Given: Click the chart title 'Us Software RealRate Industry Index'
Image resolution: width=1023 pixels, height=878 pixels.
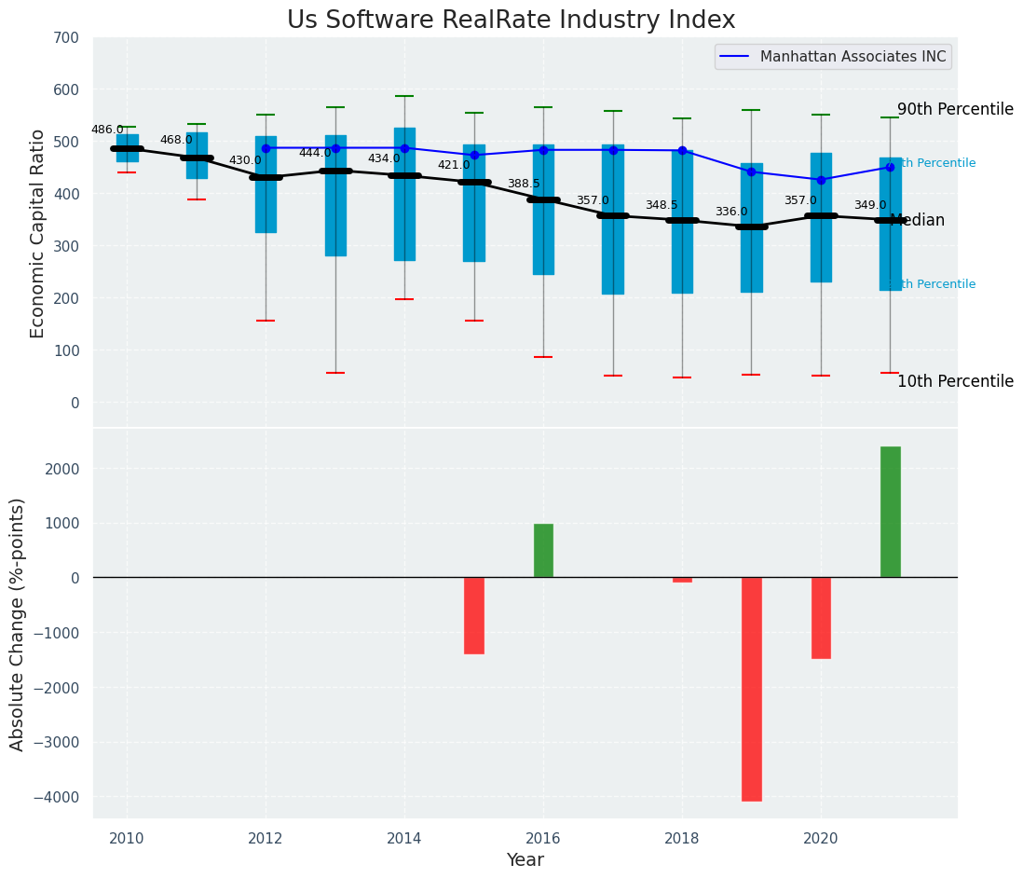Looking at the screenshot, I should click(x=511, y=21).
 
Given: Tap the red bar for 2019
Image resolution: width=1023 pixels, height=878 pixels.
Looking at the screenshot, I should click(x=751, y=689).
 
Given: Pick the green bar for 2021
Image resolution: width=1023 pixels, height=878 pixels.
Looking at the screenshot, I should click(x=890, y=512).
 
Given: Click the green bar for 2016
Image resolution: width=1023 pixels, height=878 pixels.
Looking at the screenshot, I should click(x=543, y=551).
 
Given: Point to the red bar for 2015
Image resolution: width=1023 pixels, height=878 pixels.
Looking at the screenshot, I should click(x=473, y=615).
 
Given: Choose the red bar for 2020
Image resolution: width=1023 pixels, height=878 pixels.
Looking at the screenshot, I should click(x=821, y=617).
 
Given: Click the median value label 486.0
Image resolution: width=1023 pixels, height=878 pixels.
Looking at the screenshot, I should click(x=107, y=130).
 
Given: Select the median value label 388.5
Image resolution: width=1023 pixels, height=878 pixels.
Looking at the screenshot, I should click(x=524, y=185).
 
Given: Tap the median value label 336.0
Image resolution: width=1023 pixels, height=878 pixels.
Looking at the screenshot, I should click(x=731, y=213).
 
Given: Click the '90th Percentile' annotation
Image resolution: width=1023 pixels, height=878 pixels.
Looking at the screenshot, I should click(x=955, y=109).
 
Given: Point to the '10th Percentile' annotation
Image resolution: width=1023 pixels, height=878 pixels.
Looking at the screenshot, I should click(x=955, y=381).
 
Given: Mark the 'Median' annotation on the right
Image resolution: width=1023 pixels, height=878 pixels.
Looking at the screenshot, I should click(x=918, y=221).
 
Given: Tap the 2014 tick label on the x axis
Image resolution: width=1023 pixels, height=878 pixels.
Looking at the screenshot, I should click(x=404, y=838).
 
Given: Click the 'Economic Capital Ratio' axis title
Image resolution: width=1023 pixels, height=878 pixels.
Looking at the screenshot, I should click(x=38, y=233).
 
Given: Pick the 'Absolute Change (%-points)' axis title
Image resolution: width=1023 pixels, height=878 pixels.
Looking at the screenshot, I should click(x=18, y=624).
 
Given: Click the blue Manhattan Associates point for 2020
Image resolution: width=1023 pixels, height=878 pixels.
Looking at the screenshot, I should click(x=821, y=180).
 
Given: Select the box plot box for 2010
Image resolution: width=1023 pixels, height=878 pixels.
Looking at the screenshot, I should click(x=127, y=148).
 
